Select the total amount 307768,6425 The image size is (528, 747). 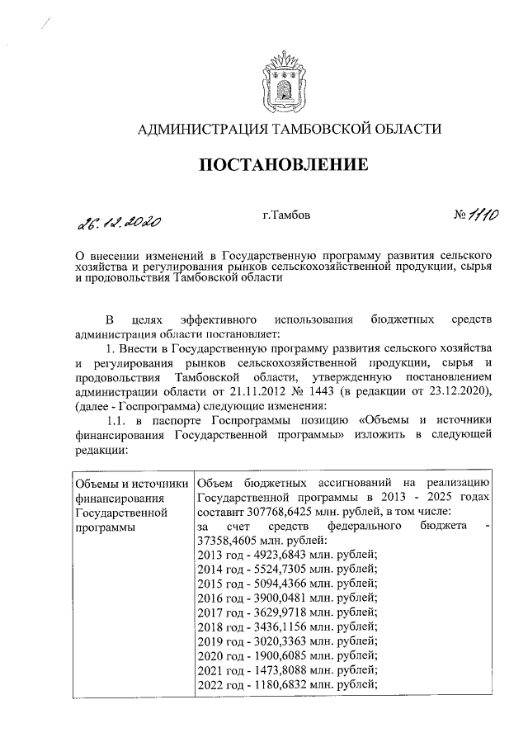(273, 512)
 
